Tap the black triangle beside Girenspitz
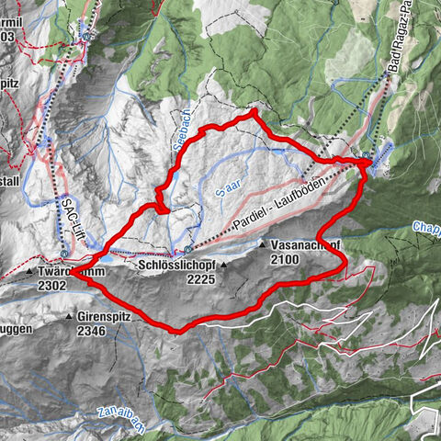point(69,316)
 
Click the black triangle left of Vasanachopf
point(262,245)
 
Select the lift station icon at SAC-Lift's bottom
point(62,251)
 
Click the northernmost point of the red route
point(254,111)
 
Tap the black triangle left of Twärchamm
point(30,273)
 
